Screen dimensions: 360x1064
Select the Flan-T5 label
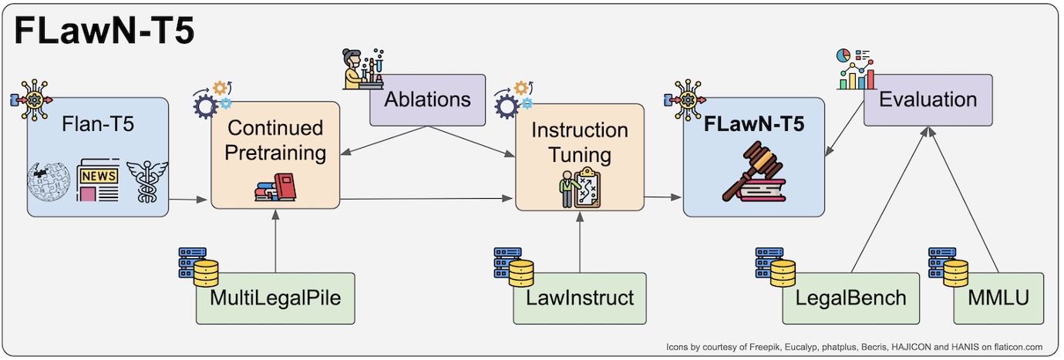tap(97, 123)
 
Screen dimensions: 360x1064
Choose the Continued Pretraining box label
tap(276, 141)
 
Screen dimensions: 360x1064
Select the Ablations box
tap(427, 99)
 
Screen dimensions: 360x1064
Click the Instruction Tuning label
tap(579, 142)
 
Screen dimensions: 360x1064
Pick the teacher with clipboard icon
tap(578, 188)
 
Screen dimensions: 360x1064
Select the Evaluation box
tap(928, 99)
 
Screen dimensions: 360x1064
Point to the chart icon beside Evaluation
tap(856, 69)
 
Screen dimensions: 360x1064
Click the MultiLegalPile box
tap(275, 298)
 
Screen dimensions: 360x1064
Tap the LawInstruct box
tap(580, 298)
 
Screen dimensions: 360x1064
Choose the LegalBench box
tap(851, 298)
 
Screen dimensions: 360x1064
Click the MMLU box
tap(998, 298)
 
